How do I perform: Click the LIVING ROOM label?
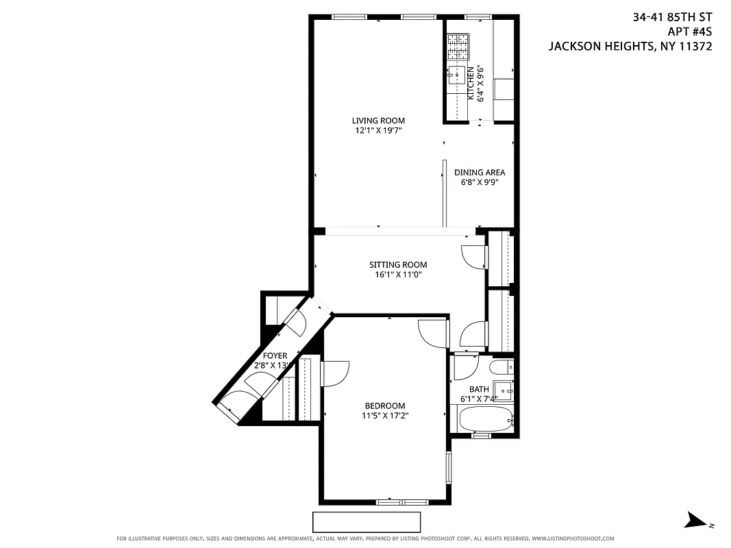tap(378, 121)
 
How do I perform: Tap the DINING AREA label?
tap(480, 173)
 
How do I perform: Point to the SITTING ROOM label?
tap(398, 265)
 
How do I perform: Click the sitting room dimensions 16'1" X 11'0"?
tap(398, 275)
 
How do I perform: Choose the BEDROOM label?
tap(384, 406)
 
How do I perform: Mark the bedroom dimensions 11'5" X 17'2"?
tap(385, 415)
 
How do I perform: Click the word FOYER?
tap(275, 356)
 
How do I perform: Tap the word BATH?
tap(479, 389)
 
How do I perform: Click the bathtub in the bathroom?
tap(485, 418)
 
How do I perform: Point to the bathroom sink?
tap(506, 390)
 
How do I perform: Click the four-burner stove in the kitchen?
tap(458, 47)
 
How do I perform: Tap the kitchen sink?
tap(456, 75)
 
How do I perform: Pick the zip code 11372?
tap(696, 47)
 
